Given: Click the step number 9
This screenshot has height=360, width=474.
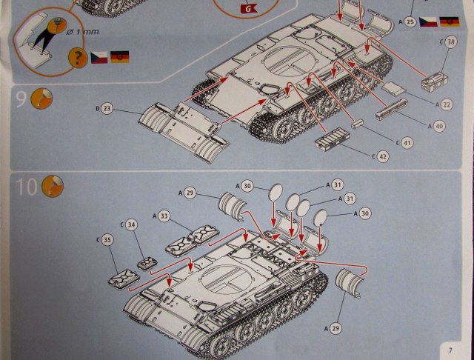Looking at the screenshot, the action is click(x=21, y=98).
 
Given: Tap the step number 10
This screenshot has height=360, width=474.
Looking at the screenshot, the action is click(x=27, y=186).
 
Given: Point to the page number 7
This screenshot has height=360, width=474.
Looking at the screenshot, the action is click(x=450, y=350).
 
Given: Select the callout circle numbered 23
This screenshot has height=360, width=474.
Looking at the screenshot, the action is click(x=107, y=108).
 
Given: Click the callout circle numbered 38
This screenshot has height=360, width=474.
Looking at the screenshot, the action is click(x=451, y=41).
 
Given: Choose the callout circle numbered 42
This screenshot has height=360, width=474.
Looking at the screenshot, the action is click(x=383, y=156).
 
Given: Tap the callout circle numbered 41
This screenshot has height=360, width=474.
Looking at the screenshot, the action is click(x=407, y=143).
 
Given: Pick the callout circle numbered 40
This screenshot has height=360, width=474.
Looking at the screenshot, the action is click(x=439, y=126).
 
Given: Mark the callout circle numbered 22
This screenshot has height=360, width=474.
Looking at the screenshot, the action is click(x=447, y=104).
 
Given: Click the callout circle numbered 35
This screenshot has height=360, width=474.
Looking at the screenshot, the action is click(x=107, y=240).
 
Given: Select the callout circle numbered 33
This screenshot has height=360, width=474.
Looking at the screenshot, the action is click(x=164, y=216).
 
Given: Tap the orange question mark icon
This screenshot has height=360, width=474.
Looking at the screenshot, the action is click(x=78, y=57).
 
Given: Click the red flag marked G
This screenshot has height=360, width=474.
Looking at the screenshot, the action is click(x=249, y=8).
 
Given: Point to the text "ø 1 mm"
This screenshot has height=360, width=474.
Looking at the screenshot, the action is click(x=82, y=31).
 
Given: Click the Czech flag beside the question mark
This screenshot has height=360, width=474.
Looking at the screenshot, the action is click(x=99, y=58).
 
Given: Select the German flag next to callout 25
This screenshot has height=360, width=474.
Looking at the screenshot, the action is click(x=450, y=21).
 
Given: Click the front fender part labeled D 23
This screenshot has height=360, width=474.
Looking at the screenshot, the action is click(x=184, y=132).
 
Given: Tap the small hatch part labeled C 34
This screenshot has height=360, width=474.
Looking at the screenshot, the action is click(x=147, y=264).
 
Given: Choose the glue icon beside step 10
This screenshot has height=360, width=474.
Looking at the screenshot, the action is click(x=53, y=186).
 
